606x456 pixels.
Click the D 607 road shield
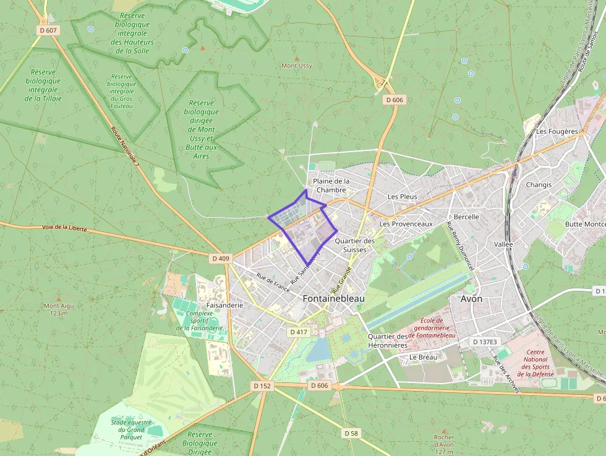click(x=48, y=30)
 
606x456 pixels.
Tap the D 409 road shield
click(x=220, y=259)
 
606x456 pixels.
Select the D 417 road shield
click(x=298, y=332)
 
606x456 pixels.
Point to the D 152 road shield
click(x=262, y=385)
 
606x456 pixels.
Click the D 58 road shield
click(x=351, y=433)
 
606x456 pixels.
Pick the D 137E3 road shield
click(x=485, y=342)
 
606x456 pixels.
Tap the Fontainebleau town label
click(x=333, y=298)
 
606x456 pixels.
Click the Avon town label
click(x=472, y=298)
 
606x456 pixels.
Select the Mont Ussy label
click(x=297, y=66)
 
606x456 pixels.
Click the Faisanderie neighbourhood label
click(x=224, y=305)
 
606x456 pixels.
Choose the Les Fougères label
click(x=557, y=131)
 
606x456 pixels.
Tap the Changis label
click(x=538, y=185)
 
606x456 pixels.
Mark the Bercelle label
click(x=466, y=217)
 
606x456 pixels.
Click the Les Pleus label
click(x=402, y=197)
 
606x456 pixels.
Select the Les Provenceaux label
click(x=406, y=223)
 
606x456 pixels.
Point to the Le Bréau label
click(x=423, y=357)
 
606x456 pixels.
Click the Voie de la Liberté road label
click(x=65, y=228)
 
